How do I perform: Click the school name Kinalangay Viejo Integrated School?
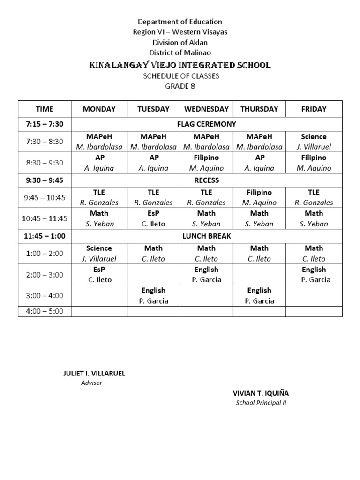click(180, 65)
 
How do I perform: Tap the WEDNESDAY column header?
click(206, 109)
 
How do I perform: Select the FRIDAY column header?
click(314, 109)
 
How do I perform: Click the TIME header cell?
click(45, 109)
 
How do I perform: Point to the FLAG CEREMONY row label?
click(206, 124)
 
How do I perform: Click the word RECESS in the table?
click(206, 180)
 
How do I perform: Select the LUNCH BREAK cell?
click(206, 236)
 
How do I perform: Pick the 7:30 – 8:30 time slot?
click(45, 142)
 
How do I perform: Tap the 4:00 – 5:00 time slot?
click(45, 311)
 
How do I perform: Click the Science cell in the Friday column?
click(314, 142)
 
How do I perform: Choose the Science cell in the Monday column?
click(99, 253)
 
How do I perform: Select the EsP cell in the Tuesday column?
click(153, 218)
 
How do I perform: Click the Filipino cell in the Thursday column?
click(259, 197)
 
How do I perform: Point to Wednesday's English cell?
click(206, 274)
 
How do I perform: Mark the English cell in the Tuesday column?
click(153, 295)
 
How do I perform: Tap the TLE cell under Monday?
click(99, 197)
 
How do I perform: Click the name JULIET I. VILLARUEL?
click(94, 374)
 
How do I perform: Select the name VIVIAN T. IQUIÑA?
click(261, 393)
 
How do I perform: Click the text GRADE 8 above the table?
click(180, 86)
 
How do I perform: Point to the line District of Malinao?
click(180, 52)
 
